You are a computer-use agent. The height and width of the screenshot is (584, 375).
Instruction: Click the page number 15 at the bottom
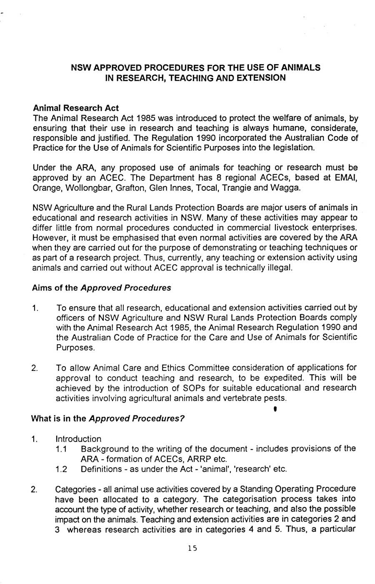pos(192,548)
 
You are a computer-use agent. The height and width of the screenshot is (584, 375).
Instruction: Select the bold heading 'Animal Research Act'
pos(76,108)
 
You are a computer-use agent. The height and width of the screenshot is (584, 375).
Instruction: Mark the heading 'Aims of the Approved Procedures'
pos(101,288)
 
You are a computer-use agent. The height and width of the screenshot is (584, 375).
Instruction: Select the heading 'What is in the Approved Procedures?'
pos(108,419)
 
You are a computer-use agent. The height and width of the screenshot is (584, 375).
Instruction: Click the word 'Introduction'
pos(78,439)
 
